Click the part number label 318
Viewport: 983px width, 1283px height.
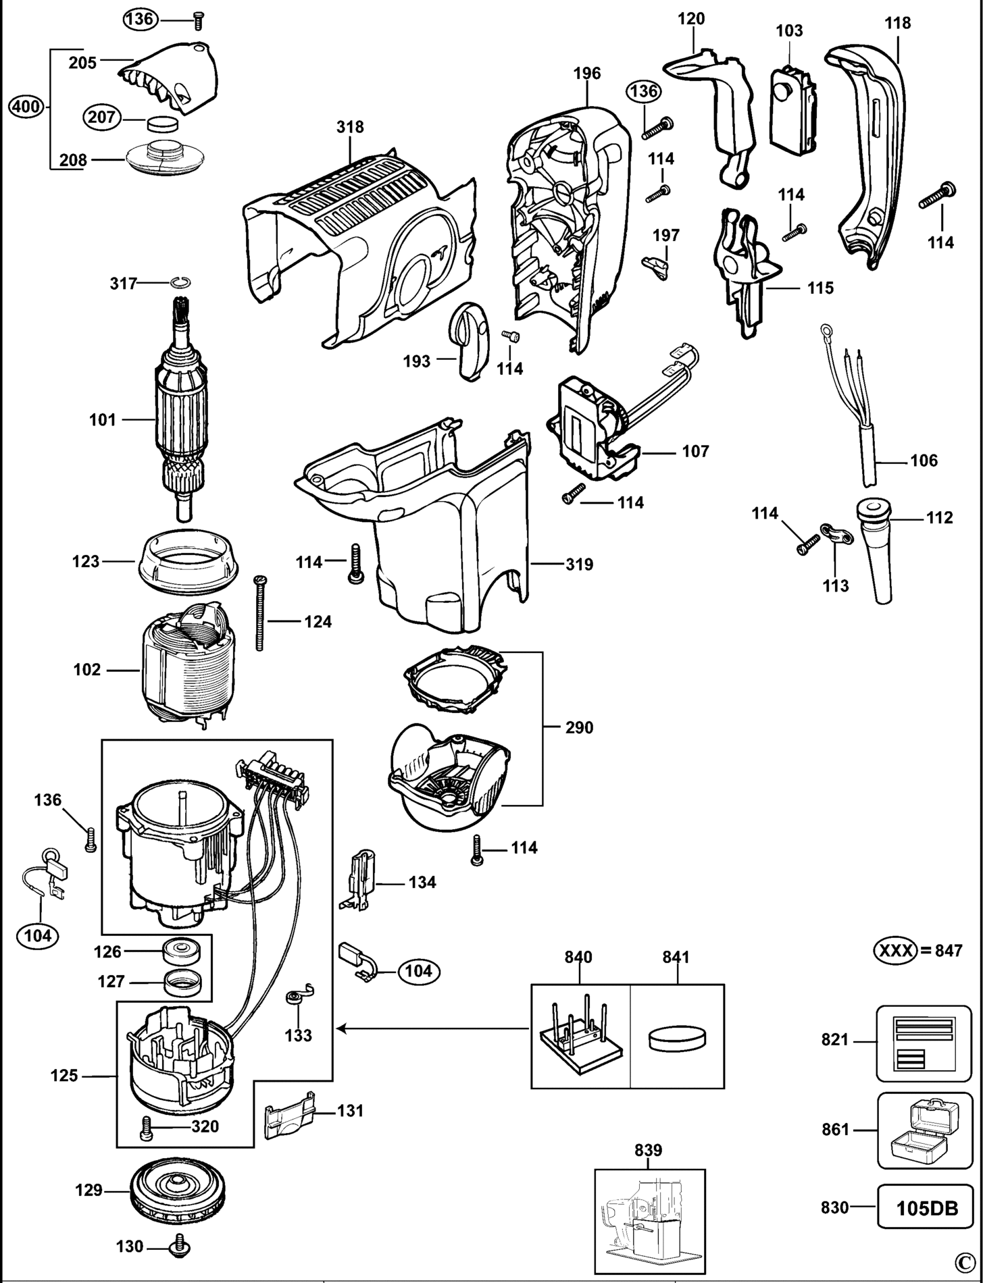coord(350,127)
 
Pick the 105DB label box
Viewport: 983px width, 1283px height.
coord(927,1207)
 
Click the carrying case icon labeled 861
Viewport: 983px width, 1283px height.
coord(924,1129)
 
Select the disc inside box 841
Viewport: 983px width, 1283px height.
coord(677,1037)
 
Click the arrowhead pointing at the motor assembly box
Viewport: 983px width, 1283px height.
coord(342,1029)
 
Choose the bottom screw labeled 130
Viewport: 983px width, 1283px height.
coord(180,1247)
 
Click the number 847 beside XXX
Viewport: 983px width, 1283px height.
coord(948,951)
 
